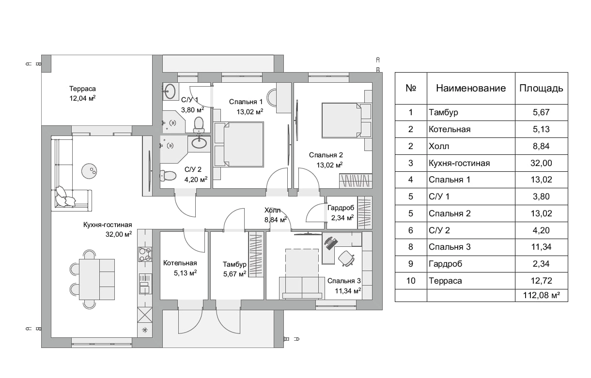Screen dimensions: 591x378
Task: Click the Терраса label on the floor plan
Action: coord(82,89)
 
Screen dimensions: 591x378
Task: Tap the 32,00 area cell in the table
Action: coord(541,163)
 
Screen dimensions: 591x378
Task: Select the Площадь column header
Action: coord(541,88)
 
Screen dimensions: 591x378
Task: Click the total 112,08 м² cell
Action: coord(542,295)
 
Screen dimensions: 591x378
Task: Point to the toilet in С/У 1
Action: coord(199,124)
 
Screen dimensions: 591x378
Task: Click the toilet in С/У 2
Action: coord(168,176)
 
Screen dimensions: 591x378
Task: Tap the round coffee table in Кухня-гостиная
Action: coord(89,171)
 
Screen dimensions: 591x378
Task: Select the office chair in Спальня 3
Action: coord(346,258)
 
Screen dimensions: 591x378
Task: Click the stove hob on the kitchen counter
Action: coord(145,254)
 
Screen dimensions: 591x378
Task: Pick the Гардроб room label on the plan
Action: coord(341,208)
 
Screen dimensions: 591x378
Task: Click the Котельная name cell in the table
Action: coord(450,129)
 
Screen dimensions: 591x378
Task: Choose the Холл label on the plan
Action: coord(273,210)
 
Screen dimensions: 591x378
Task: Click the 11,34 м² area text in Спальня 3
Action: coord(348,291)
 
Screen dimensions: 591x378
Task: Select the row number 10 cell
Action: coord(411,281)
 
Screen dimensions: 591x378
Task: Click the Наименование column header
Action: coord(471,88)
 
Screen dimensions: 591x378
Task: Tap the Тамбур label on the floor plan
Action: coord(234,264)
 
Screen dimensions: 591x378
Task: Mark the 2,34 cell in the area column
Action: coord(541,264)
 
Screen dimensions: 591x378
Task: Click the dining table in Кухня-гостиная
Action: coord(97,279)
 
